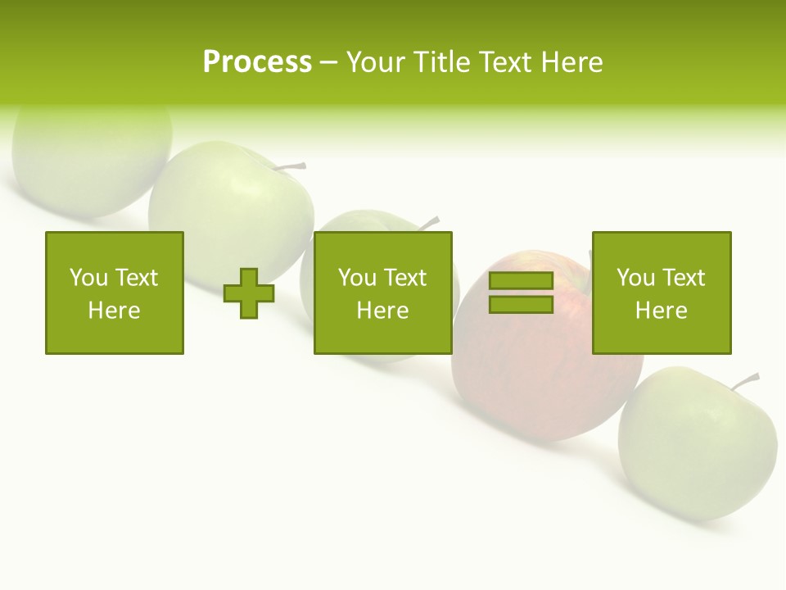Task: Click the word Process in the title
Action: point(257,62)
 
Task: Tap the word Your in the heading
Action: point(374,62)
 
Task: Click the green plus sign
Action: point(249,293)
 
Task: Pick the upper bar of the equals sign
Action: point(521,281)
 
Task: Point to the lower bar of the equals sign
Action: point(521,304)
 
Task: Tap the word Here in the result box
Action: point(661,311)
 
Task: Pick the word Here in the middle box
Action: point(382,311)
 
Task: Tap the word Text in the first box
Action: point(135,278)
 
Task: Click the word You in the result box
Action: point(635,278)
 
